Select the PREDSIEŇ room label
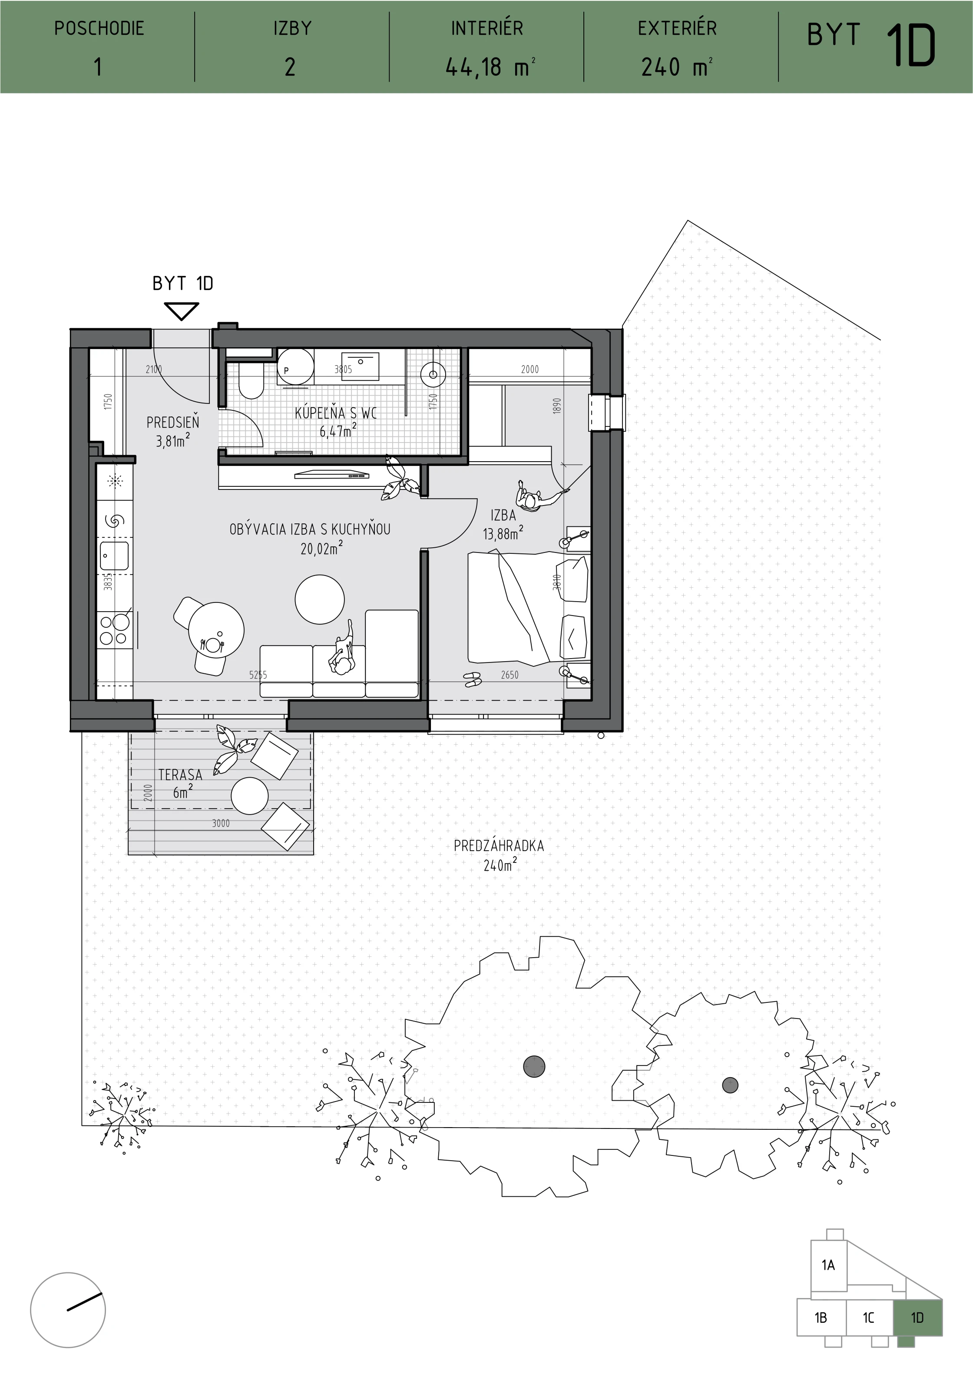[173, 422]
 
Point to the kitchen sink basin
[114, 556]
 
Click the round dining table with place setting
[216, 631]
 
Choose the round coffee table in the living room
[320, 599]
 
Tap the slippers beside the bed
[472, 679]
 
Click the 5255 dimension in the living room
[258, 675]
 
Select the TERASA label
[180, 775]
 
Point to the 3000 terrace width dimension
[221, 823]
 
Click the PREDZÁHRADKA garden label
[499, 845]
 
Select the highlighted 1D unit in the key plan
[918, 1318]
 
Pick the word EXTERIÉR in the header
[677, 28]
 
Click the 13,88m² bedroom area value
[503, 533]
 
